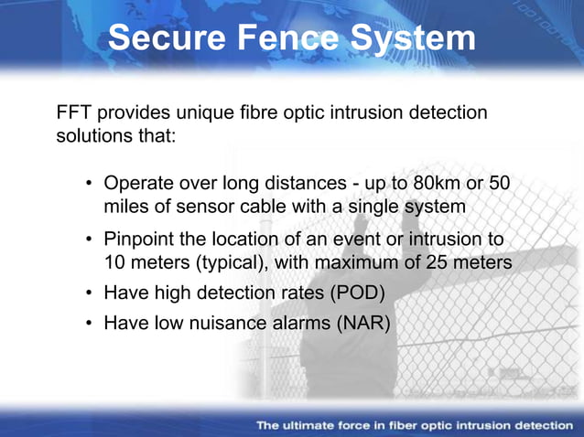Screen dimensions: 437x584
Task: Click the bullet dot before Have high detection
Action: click(92, 294)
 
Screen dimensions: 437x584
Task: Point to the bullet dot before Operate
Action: click(92, 185)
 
